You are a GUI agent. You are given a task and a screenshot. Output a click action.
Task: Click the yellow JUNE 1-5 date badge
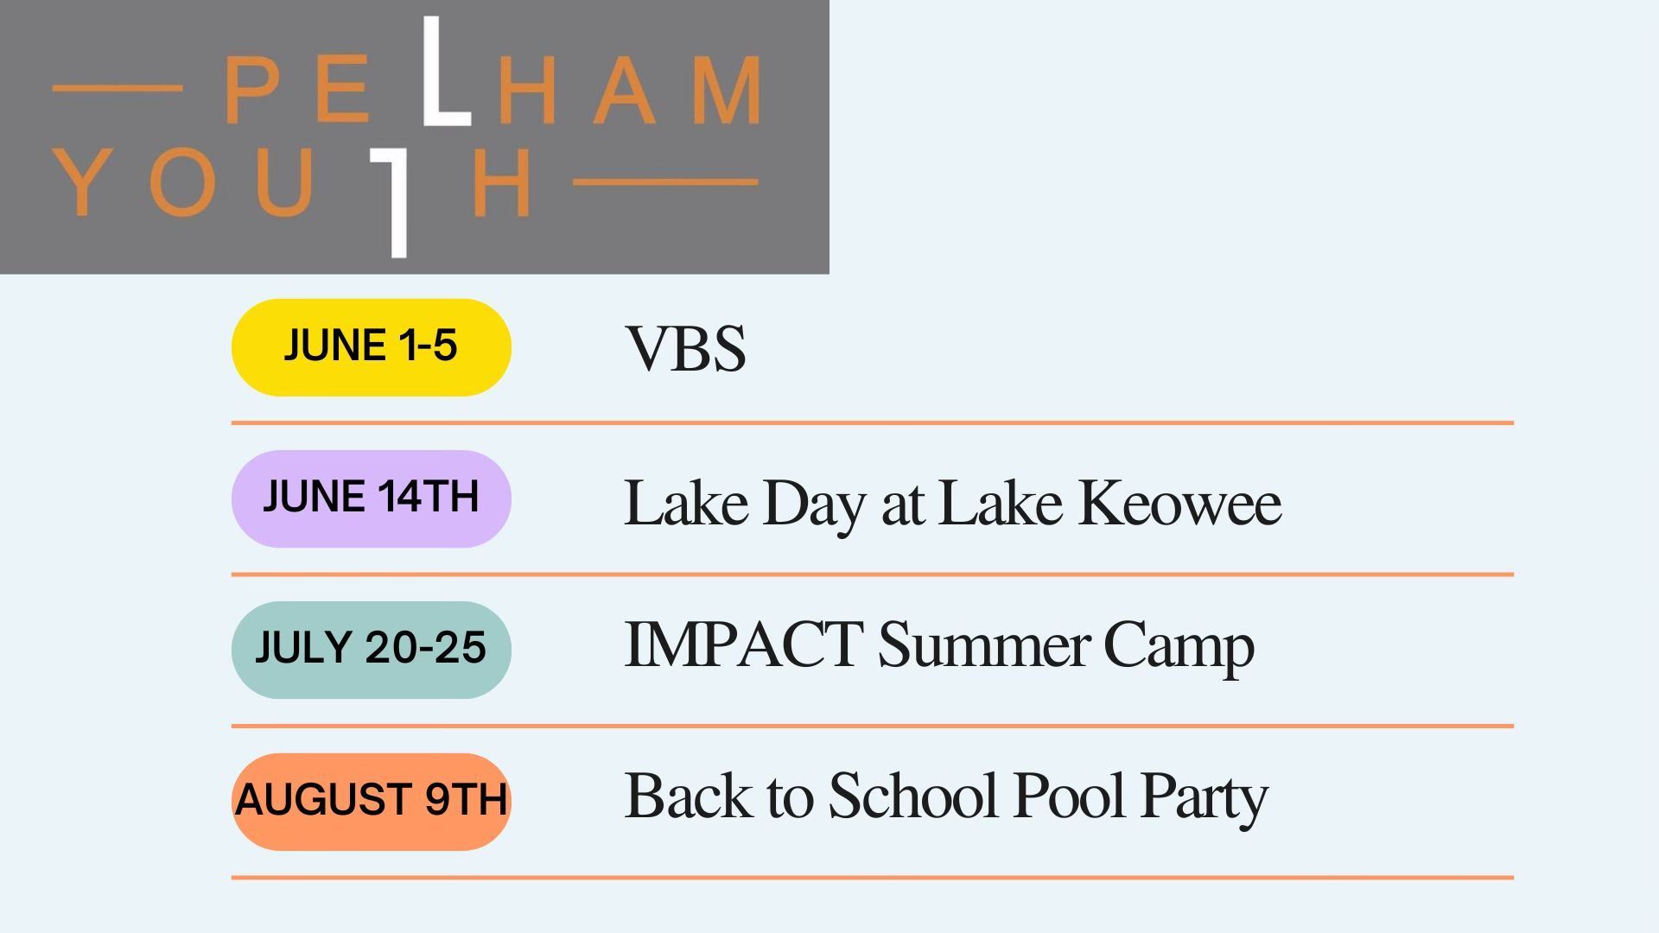[372, 347]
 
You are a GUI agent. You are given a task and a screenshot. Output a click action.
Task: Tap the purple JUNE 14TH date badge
[372, 498]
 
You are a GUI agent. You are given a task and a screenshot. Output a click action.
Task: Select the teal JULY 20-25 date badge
[372, 650]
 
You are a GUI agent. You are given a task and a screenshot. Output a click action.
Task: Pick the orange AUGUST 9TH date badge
[372, 802]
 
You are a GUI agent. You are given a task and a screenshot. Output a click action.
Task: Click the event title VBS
[685, 349]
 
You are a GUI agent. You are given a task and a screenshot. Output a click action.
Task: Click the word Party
[1205, 799]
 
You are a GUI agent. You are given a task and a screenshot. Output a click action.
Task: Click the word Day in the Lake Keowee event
[814, 506]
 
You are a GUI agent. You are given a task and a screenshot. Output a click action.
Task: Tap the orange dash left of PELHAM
[118, 88]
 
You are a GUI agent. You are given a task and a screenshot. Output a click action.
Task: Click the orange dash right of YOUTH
[665, 182]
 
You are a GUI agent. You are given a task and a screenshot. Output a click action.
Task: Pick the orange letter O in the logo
[182, 182]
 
